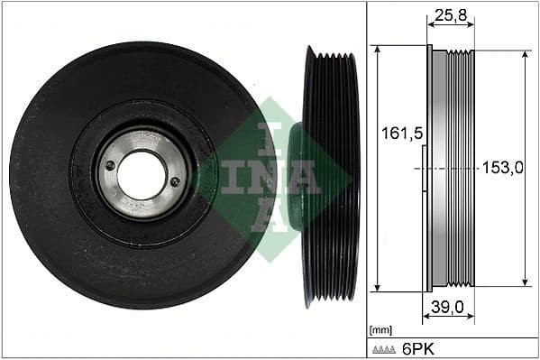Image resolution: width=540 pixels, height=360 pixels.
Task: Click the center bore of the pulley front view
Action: [142, 174]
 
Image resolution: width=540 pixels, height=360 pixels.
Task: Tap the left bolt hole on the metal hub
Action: [110, 165]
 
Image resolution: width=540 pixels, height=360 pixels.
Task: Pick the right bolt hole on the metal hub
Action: [175, 182]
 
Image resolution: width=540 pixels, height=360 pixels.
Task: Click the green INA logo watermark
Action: [275, 177]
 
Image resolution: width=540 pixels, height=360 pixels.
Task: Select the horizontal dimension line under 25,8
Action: [451, 26]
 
